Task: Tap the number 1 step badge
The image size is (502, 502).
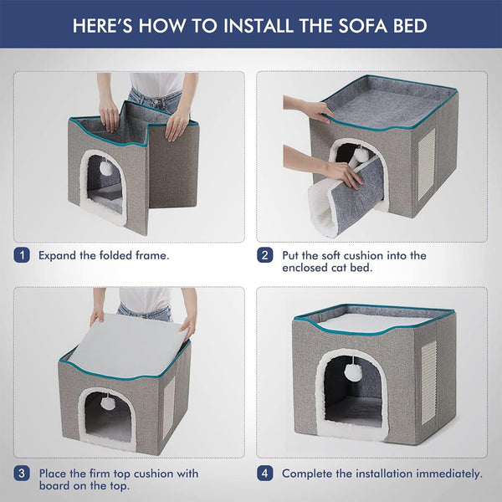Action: coord(22,255)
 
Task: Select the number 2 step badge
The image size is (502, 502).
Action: coord(264,255)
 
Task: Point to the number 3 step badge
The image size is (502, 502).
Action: coord(22,474)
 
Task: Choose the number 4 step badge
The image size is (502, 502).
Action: coord(264,474)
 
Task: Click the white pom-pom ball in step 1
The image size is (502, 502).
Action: coord(106,167)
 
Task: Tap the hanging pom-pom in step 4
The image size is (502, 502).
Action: coord(352,371)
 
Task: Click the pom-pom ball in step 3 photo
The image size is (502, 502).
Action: coord(106,402)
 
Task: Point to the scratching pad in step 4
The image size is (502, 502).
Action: coord(428,382)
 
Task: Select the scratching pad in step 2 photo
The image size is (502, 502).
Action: coord(427,164)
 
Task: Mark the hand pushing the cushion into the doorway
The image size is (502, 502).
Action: coord(343,174)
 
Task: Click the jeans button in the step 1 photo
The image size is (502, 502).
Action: coord(156,101)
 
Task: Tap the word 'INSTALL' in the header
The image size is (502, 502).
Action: coord(258,26)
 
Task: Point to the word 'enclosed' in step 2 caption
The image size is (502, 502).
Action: coord(305,268)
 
